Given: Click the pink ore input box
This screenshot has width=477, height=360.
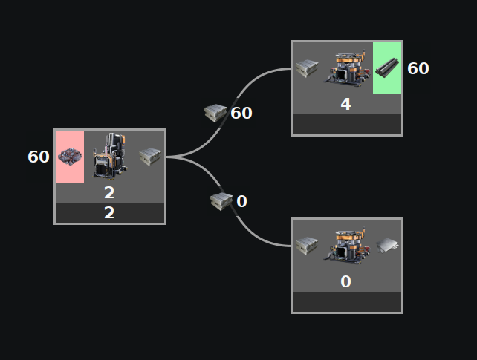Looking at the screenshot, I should point(70,156).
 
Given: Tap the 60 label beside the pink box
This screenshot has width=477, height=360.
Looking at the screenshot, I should point(39,157).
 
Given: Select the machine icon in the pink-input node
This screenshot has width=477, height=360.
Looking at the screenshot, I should point(109,156).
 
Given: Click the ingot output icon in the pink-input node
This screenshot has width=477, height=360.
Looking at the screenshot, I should point(150,157).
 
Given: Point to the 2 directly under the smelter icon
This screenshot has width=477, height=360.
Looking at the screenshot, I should point(109,193).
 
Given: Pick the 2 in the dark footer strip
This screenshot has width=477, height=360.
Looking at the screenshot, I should point(109,213).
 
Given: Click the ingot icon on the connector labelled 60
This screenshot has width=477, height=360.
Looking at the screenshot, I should point(215,113).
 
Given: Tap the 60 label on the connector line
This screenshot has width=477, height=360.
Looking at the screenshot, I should point(241,114).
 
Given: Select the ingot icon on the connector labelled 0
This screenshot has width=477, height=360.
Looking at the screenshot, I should point(221,200).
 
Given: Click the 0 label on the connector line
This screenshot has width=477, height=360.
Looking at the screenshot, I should point(241,201).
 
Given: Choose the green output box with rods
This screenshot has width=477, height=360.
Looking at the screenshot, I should point(387,68).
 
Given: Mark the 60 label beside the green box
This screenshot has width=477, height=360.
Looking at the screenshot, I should point(418,68).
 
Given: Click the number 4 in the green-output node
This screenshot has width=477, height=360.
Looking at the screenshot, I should point(345,104).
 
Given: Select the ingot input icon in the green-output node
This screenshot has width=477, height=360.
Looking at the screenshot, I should point(307,68).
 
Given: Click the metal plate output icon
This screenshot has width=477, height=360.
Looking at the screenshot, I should point(387,246).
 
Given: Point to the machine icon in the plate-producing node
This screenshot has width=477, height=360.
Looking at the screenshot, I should point(346,245).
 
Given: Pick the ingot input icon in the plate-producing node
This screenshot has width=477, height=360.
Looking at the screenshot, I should point(307,246).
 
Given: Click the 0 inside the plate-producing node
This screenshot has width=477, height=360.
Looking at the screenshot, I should point(345,281).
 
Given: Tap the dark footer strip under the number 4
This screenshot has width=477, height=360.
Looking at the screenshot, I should point(346,124).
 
